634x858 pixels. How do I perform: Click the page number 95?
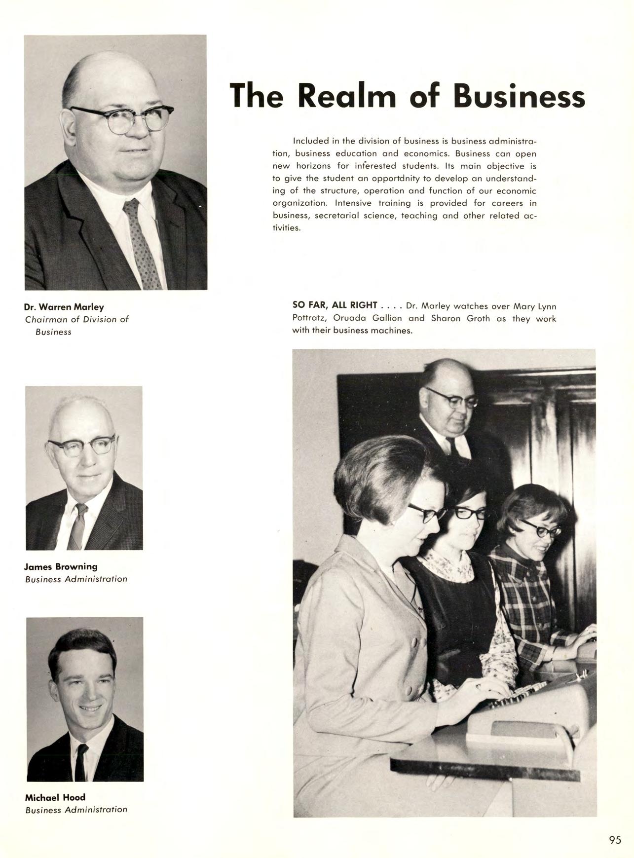(x=615, y=840)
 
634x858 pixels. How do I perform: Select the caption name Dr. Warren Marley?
(x=64, y=307)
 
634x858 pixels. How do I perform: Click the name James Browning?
(x=61, y=566)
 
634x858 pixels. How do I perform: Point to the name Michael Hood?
(x=55, y=797)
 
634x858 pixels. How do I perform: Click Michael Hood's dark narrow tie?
(x=81, y=762)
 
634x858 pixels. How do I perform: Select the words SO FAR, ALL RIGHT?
(x=335, y=305)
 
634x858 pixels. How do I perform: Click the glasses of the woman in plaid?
(x=541, y=529)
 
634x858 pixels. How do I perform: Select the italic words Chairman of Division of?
(x=76, y=319)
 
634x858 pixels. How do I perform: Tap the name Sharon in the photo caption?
(x=446, y=318)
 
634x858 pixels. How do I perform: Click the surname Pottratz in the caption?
(x=306, y=318)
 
